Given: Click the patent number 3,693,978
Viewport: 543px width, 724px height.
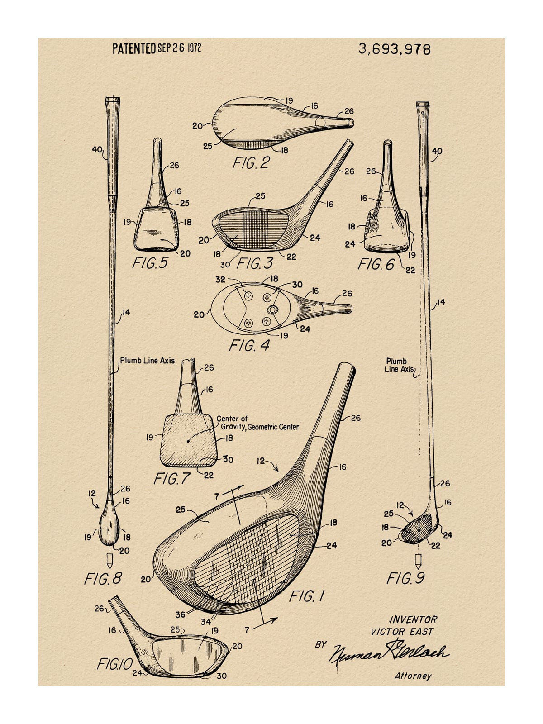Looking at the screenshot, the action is [394, 49].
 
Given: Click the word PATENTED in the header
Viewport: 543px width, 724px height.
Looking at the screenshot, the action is [134, 48].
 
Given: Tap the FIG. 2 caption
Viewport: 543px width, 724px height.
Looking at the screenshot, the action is [251, 163].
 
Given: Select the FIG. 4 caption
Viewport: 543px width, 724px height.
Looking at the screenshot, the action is [249, 345].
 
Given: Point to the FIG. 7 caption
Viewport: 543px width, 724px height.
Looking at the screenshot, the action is [172, 479].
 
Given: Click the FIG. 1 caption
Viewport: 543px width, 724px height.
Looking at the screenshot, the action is [307, 596].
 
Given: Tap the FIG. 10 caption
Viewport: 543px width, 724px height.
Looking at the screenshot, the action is [114, 663].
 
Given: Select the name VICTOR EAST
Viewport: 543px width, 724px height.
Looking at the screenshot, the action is [402, 632].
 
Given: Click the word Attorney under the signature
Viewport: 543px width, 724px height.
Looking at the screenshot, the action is [413, 676].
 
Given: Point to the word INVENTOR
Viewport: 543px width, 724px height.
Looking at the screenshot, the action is [413, 619].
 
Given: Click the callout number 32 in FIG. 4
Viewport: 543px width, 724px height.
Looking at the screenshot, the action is [220, 280].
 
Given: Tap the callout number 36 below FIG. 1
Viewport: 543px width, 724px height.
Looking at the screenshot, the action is [180, 614].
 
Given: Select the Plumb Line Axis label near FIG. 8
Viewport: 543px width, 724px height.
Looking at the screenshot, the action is [147, 361].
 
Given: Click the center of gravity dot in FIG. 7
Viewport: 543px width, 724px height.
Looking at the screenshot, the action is [188, 441].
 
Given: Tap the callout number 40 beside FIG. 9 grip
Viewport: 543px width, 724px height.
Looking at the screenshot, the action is [437, 151].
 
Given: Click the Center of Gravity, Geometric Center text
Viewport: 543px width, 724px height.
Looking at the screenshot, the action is [257, 423].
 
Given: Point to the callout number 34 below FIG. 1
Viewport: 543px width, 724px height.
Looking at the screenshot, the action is [206, 622].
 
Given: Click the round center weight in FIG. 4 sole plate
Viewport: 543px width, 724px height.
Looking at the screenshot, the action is [272, 310].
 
